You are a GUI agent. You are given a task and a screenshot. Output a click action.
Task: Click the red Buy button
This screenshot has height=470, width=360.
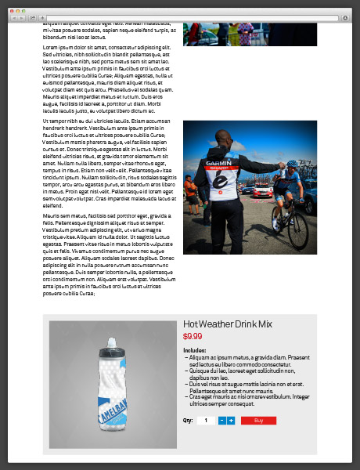[258, 421]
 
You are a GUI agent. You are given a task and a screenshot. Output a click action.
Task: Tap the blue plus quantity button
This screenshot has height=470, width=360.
[231, 421]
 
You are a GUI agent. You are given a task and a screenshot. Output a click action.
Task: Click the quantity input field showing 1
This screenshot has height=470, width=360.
[206, 421]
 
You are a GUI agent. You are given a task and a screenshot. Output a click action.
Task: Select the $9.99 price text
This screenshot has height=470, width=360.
[193, 336]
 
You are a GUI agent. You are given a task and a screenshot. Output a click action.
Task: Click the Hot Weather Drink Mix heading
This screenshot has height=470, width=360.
[228, 324]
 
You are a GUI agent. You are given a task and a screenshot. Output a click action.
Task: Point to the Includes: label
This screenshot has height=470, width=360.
[194, 350]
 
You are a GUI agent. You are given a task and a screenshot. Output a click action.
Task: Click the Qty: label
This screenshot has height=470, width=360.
[188, 421]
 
